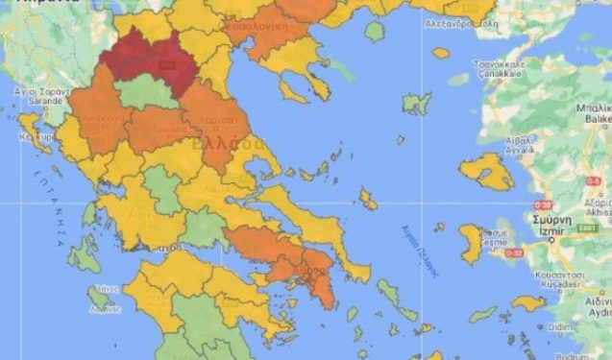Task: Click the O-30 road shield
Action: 542,204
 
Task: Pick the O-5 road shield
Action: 593,180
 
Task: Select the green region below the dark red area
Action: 144,93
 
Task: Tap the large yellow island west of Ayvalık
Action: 486,171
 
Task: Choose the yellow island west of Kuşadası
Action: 527,303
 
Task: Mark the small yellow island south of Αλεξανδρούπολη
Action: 441,54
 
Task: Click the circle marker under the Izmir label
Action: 551,240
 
